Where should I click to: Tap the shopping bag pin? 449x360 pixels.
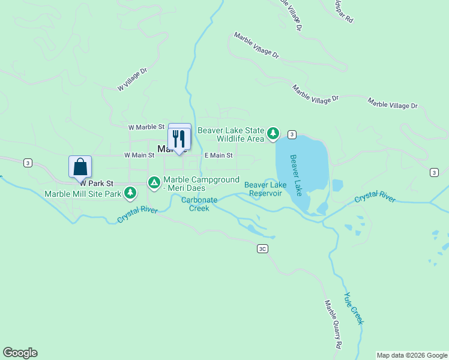[80, 167]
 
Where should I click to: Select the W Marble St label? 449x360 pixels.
[146, 127]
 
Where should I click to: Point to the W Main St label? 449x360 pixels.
[139, 155]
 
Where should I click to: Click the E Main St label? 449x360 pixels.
[218, 155]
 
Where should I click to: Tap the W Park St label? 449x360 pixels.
[97, 182]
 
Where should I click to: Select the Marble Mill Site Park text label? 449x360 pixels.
[83, 193]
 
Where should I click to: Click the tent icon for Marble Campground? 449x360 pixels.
[154, 181]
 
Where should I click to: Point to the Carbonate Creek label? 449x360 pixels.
[199, 205]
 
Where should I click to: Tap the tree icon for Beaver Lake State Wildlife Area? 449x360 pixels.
[273, 133]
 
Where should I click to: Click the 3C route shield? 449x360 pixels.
[262, 248]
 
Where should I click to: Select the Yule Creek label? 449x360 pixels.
[354, 308]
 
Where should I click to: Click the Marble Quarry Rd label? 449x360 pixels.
[333, 325]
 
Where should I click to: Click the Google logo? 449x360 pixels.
[20, 353]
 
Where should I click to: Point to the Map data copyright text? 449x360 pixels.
[412, 355]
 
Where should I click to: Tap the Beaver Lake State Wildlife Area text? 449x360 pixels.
[231, 134]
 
